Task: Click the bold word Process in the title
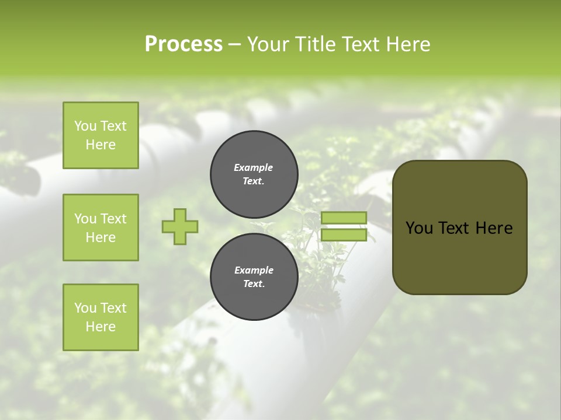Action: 183,44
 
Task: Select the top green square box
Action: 101,135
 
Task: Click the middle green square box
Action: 101,228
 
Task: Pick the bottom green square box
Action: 101,317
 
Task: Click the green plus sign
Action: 180,226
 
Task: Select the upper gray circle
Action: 254,174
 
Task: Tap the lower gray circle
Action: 254,277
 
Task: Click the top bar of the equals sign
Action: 344,218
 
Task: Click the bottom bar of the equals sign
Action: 344,235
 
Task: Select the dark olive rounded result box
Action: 459,228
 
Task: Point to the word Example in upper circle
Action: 254,167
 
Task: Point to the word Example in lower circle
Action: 254,270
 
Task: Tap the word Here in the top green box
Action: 101,145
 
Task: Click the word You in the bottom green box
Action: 85,308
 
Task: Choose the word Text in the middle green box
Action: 113,219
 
